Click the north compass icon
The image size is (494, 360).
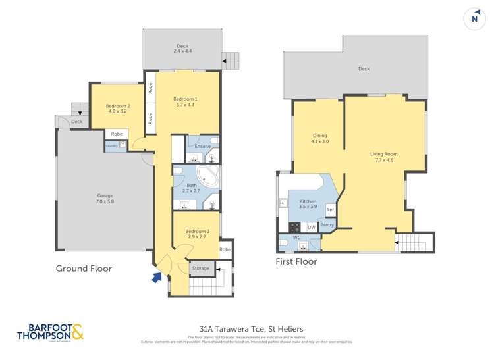[x=474, y=18]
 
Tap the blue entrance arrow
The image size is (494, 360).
[x=157, y=277]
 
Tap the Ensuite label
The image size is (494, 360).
[x=203, y=146]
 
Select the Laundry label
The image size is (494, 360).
[x=111, y=146]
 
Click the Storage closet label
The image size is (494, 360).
[x=200, y=268]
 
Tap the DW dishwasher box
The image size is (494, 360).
[x=311, y=228]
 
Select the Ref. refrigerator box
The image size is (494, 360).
[x=330, y=210]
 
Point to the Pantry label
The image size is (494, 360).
[x=327, y=225]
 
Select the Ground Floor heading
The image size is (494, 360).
[x=84, y=269]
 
